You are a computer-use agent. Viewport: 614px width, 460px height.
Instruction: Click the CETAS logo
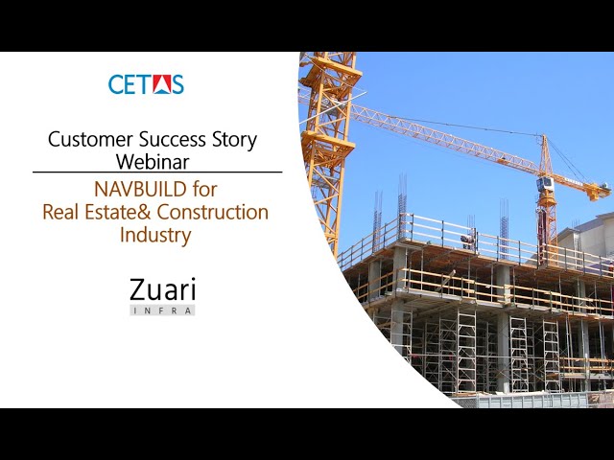click(x=146, y=83)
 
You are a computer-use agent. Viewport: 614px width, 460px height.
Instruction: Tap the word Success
click(x=167, y=139)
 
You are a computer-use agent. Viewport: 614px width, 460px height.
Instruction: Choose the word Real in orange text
click(x=61, y=212)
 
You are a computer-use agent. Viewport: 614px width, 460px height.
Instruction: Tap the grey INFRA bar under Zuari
click(x=162, y=310)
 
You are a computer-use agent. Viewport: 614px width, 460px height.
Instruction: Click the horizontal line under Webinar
click(x=157, y=172)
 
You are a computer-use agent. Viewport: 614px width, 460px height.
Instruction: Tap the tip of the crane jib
click(x=603, y=195)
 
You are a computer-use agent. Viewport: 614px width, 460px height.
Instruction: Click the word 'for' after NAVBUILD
click(x=204, y=189)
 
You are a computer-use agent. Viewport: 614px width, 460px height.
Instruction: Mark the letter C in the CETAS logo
click(x=117, y=84)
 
